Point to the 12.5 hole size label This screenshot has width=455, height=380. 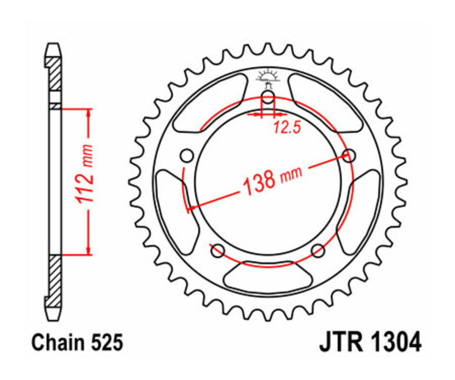[x=287, y=128]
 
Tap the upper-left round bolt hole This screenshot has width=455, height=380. [x=187, y=155]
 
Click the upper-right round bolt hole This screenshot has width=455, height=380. [x=348, y=155]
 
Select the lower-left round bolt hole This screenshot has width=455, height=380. [x=218, y=250]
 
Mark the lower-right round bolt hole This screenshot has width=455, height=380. [x=317, y=250]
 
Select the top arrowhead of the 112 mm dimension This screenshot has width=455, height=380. [x=89, y=112]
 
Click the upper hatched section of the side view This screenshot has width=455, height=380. [x=54, y=73]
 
